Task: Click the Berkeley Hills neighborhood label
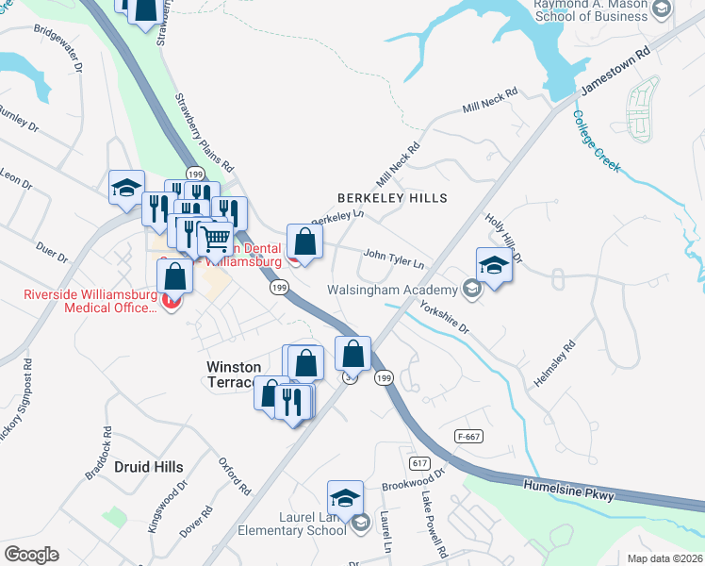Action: click(392, 198)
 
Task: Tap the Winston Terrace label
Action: click(231, 374)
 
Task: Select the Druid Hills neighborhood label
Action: click(148, 466)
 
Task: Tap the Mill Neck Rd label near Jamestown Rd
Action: click(491, 102)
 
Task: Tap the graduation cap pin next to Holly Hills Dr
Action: click(494, 265)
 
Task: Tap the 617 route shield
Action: click(420, 462)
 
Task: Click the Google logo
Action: click(31, 554)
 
